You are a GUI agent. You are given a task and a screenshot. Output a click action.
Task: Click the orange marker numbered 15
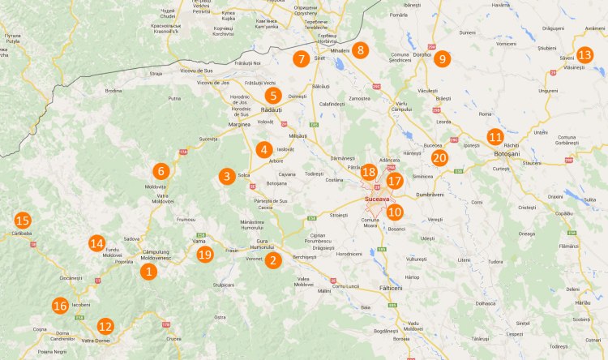tap(23, 221)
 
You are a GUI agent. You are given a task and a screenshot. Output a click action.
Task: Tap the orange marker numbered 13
tap(584, 55)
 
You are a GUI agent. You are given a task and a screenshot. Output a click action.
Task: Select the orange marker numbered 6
tap(161, 171)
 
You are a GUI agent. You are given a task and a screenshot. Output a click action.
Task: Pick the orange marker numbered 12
tap(105, 327)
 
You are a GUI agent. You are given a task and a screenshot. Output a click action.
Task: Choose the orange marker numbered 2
tap(273, 260)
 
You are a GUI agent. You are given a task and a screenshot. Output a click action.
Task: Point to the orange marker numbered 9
tap(442, 58)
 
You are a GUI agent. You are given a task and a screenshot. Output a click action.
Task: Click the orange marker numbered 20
tap(439, 158)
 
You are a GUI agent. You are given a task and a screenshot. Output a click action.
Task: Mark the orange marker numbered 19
tap(204, 255)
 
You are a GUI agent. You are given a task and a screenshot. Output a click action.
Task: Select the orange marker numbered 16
tap(60, 306)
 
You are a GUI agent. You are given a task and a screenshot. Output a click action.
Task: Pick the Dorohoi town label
tap(422, 54)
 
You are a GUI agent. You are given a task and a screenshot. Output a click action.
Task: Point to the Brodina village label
tap(113, 91)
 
